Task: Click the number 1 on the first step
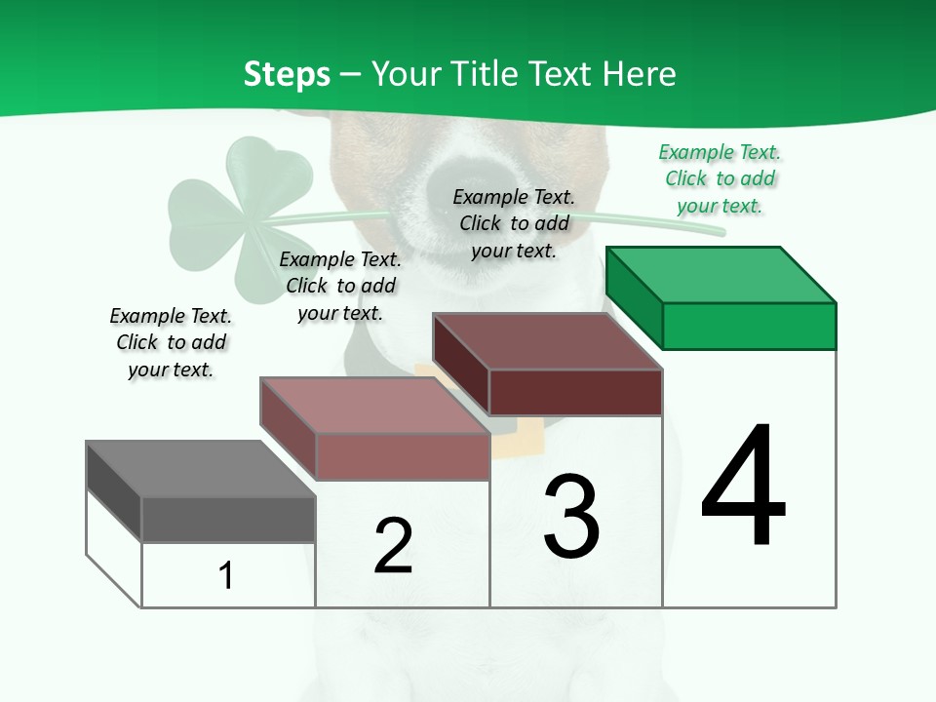pyautogui.click(x=226, y=575)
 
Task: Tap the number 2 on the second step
pyautogui.click(x=393, y=545)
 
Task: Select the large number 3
pyautogui.click(x=571, y=516)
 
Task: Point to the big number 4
pyautogui.click(x=743, y=487)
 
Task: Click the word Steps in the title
pyautogui.click(x=287, y=74)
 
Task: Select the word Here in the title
pyautogui.click(x=639, y=74)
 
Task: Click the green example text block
pyautogui.click(x=720, y=179)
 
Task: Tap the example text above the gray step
pyautogui.click(x=171, y=342)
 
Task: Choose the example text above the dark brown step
pyautogui.click(x=514, y=223)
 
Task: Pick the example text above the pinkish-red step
pyautogui.click(x=340, y=286)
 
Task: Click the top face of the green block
pyautogui.click(x=721, y=275)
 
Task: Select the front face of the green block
pyautogui.click(x=749, y=326)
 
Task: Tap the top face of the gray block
pyautogui.click(x=201, y=469)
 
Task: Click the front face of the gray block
pyautogui.click(x=228, y=520)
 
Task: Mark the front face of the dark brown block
pyautogui.click(x=575, y=392)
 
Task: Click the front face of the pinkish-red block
pyautogui.click(x=402, y=456)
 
